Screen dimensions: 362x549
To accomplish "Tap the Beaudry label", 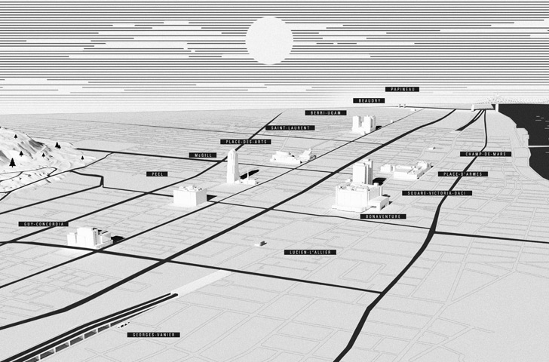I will coord(369,100).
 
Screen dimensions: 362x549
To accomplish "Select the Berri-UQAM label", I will coord(325,113).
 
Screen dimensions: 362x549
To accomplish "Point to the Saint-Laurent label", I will coord(290,128).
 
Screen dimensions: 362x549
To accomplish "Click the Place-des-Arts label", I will coord(246,142).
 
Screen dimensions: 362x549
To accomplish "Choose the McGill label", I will coord(204,155).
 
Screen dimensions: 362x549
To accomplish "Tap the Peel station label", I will coord(158,173).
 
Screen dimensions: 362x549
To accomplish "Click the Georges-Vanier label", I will coord(149,334).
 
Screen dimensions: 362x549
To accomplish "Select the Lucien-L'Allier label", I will coord(311,252).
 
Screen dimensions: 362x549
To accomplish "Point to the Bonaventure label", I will coord(383,216).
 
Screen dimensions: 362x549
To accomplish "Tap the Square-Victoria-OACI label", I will coord(437,193).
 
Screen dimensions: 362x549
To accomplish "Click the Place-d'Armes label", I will coord(463,173).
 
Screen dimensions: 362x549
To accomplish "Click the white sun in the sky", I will coord(269,40).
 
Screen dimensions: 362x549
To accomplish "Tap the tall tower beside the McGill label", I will coord(232,166).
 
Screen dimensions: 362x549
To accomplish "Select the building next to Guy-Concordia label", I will coord(89,237).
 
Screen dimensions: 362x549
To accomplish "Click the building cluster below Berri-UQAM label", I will coord(363,124).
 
